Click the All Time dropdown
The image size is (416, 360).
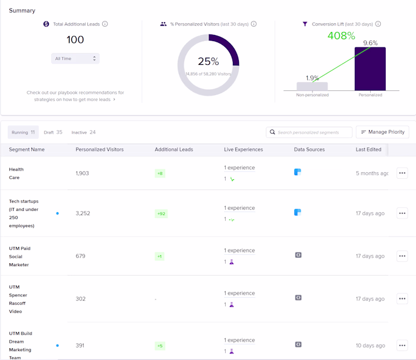pyautogui.click(x=75, y=58)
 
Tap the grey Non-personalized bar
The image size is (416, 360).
pyautogui.click(x=312, y=86)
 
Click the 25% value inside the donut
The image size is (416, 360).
pyautogui.click(x=208, y=61)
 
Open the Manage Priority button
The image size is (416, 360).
pyautogui.click(x=382, y=132)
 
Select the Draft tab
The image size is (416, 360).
pyautogui.click(x=53, y=132)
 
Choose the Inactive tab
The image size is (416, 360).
pyautogui.click(x=83, y=132)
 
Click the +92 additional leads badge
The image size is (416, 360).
pyautogui.click(x=160, y=213)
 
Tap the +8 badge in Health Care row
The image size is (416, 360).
pyautogui.click(x=160, y=173)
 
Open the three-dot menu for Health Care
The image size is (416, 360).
pyautogui.click(x=402, y=173)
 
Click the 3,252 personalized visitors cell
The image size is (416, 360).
pyautogui.click(x=83, y=213)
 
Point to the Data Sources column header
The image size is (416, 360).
pyautogui.click(x=309, y=149)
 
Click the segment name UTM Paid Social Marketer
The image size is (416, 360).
pyautogui.click(x=20, y=256)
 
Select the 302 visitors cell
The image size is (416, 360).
pyautogui.click(x=80, y=299)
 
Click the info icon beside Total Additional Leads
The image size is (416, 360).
pyautogui.click(x=105, y=24)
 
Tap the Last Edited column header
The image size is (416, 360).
pyautogui.click(x=368, y=149)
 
